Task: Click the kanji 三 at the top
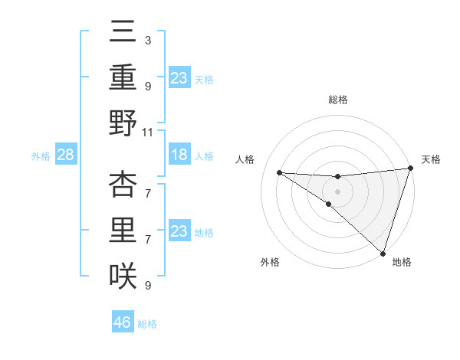click(123, 33)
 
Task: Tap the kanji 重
click(123, 77)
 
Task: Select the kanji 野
click(123, 123)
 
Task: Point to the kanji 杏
click(123, 185)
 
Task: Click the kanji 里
click(123, 231)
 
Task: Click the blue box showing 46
click(123, 322)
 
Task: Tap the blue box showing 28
click(66, 155)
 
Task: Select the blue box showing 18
click(179, 155)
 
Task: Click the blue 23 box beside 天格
click(179, 78)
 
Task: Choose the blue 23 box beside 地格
click(179, 231)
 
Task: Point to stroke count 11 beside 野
click(148, 132)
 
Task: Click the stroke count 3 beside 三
click(147, 40)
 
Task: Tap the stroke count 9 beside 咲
click(147, 286)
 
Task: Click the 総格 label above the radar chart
click(337, 100)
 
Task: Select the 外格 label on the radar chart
click(270, 262)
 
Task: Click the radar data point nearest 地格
click(383, 252)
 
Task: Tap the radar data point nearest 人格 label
click(279, 172)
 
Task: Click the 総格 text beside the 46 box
click(147, 324)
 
